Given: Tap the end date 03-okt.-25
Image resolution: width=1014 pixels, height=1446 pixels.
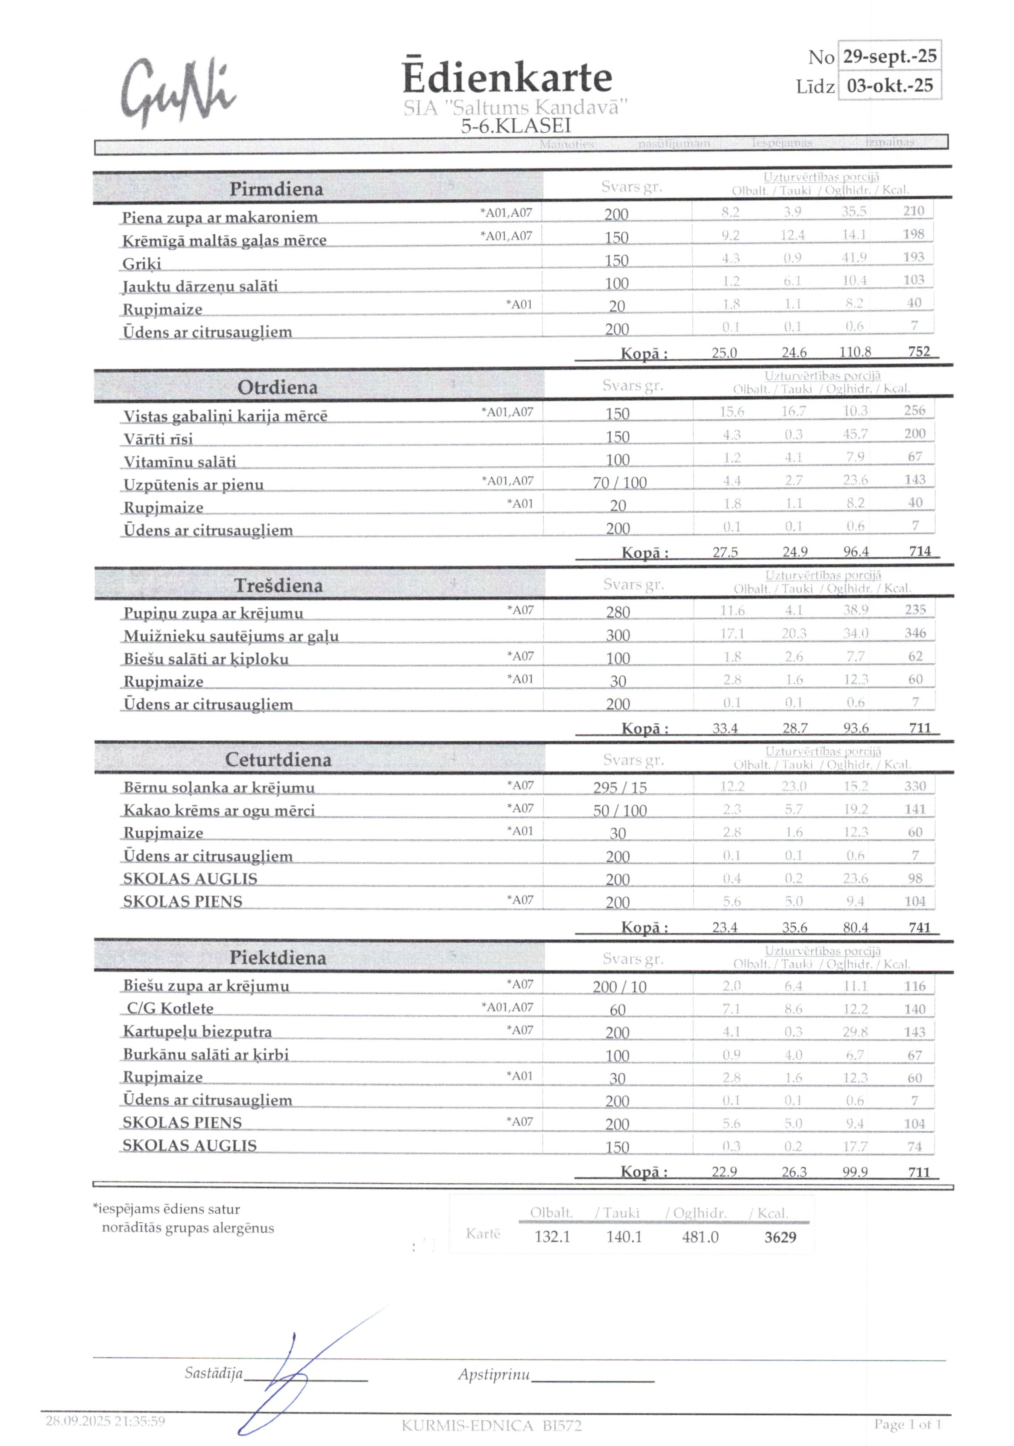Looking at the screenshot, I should [889, 86].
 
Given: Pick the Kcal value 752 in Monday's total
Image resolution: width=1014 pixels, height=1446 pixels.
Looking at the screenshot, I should [919, 351].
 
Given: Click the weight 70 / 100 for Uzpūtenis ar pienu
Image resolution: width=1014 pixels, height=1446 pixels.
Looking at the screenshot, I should [619, 483].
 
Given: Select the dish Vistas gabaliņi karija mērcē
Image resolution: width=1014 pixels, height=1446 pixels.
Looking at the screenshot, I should [225, 416].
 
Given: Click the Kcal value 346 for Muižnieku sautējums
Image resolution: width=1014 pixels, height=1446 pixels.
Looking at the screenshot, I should [915, 633].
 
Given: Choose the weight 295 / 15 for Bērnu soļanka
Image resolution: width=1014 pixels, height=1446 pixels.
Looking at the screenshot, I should [619, 788].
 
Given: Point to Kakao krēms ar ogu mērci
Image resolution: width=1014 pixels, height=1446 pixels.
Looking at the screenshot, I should [219, 811].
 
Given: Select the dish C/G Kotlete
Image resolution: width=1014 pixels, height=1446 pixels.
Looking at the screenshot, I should [170, 1008].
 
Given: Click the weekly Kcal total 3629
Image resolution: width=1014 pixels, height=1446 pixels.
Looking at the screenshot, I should [780, 1237].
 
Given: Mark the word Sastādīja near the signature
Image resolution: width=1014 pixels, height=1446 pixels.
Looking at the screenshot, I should [213, 1373].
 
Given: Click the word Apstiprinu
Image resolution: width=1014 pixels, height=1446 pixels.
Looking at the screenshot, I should [493, 1374].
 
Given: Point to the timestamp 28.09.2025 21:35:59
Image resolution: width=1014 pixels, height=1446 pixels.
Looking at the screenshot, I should [105, 1421].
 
